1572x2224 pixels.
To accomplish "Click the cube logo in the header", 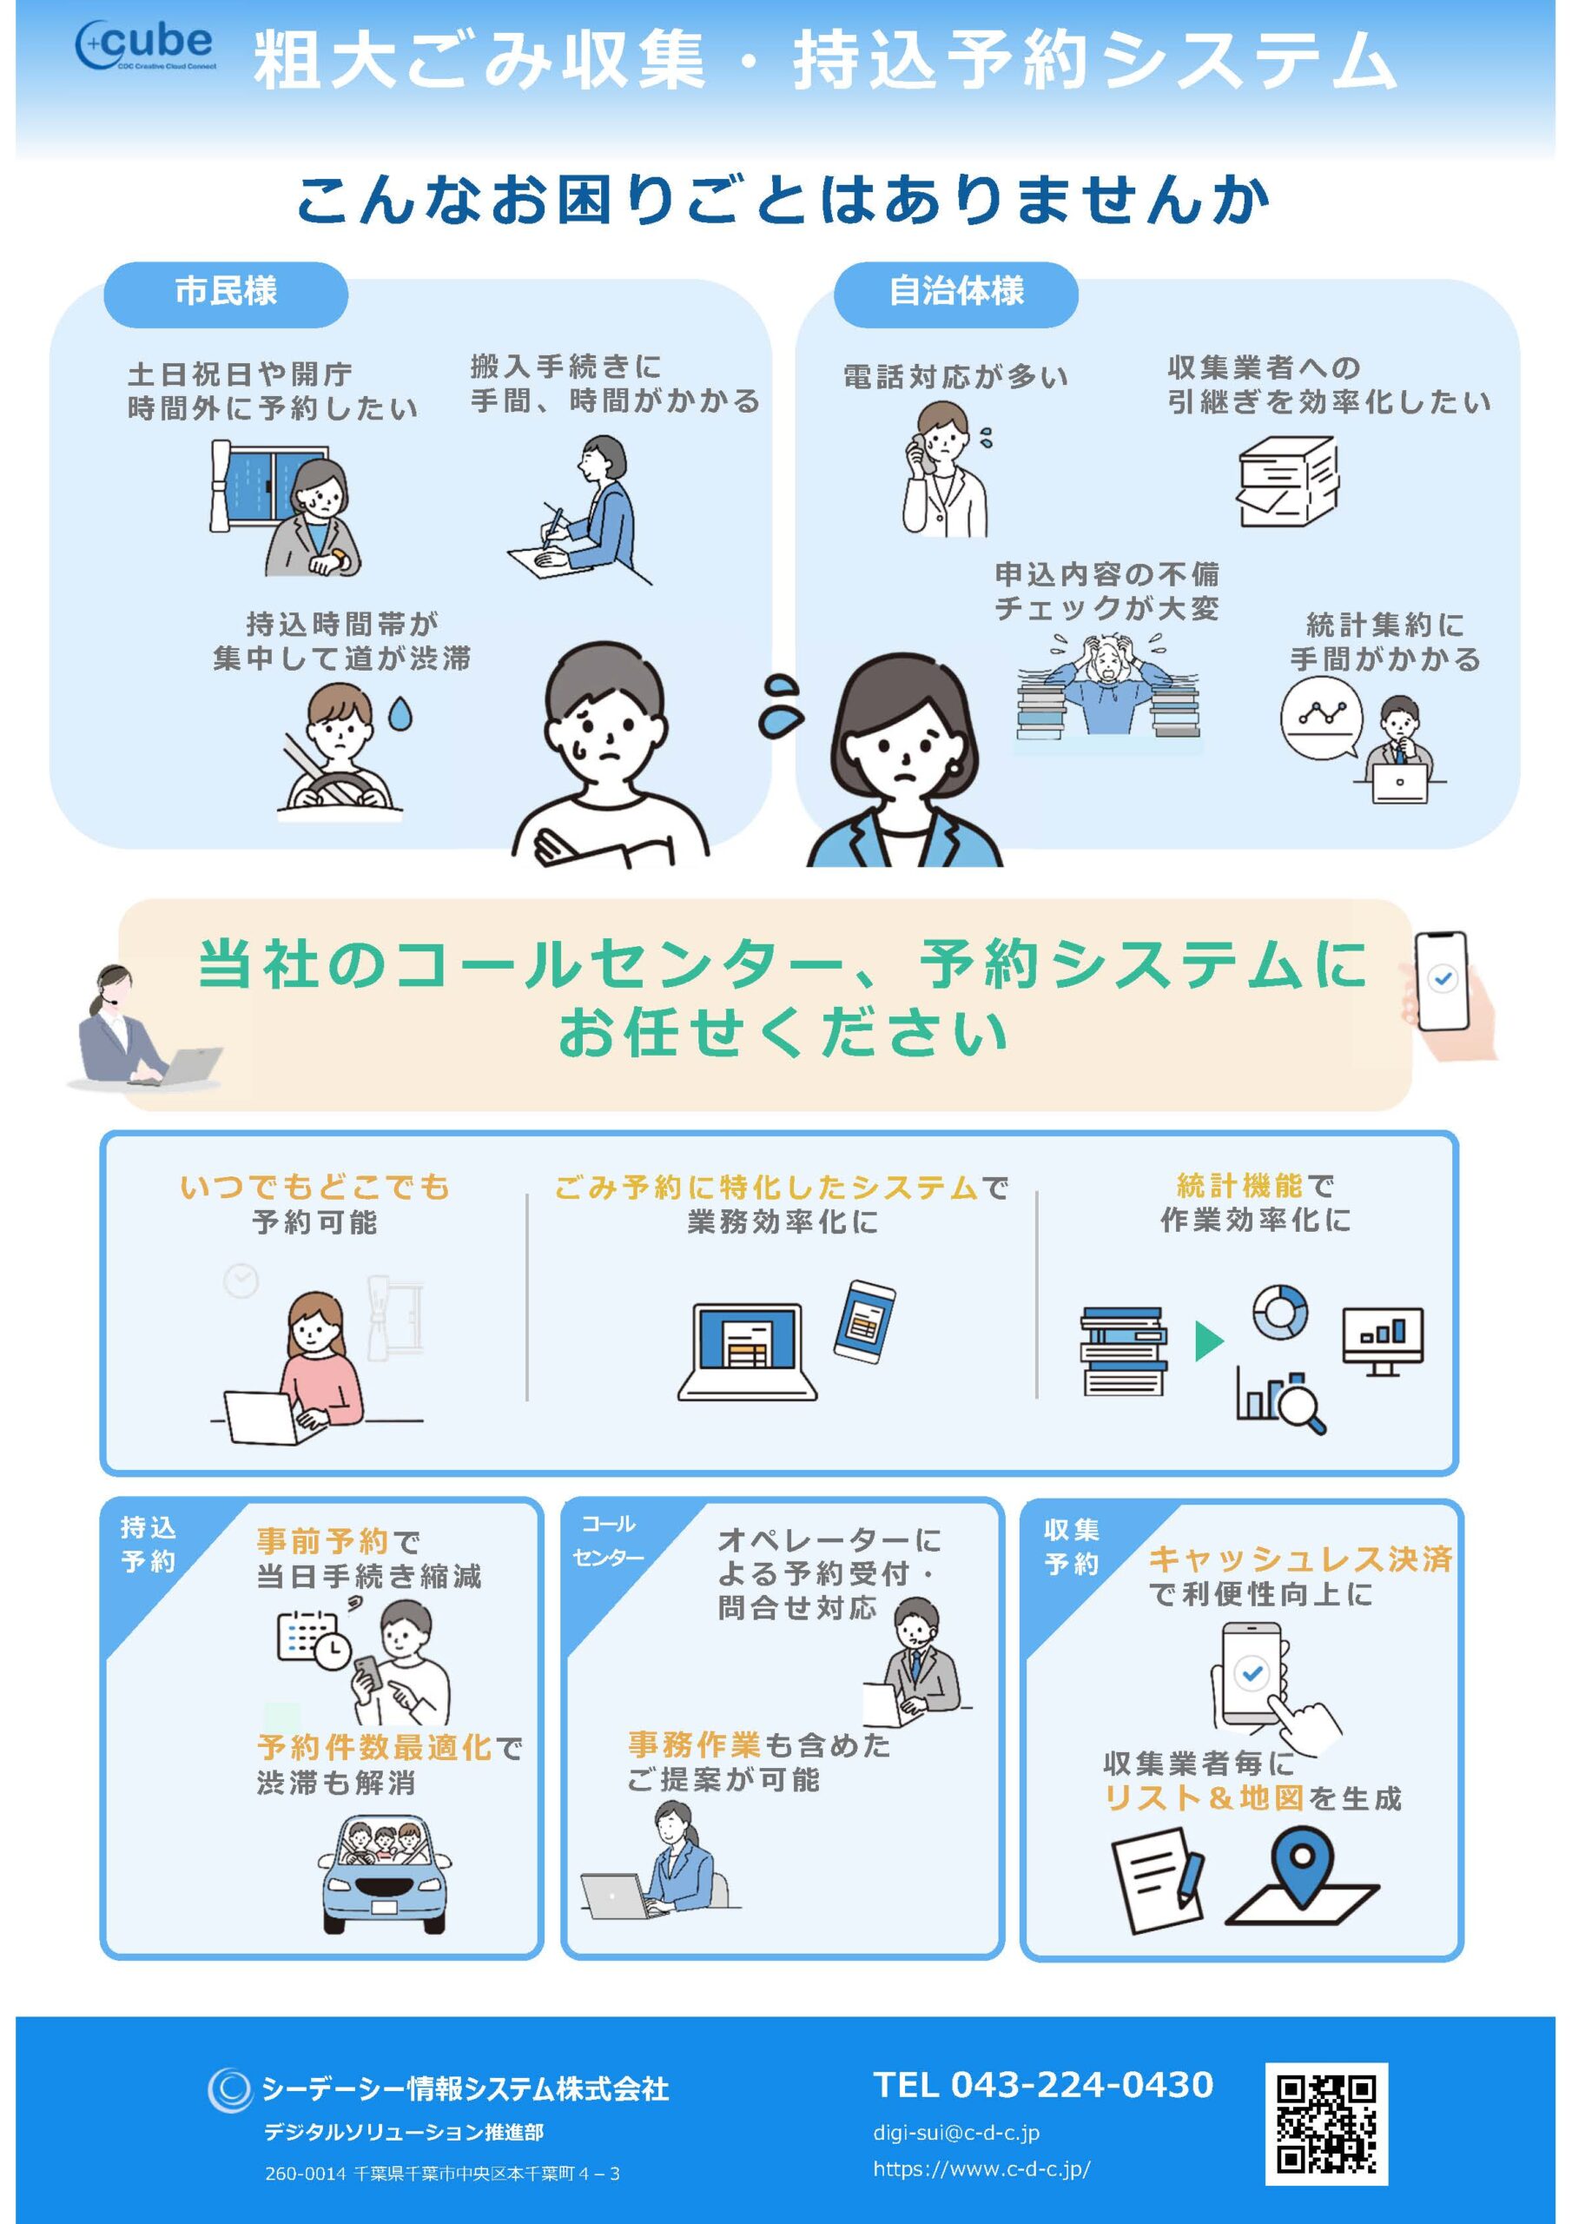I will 145,44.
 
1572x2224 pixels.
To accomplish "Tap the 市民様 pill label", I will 226,293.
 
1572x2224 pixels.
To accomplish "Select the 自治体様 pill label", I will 955,293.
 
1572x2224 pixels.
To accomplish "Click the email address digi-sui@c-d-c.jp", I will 956,2132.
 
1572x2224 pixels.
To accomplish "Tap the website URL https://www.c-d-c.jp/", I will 981,2168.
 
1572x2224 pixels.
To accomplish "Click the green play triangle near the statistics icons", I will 1208,1341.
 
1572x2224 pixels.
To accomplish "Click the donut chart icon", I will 1279,1313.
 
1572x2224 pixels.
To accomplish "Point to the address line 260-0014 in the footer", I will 442,2174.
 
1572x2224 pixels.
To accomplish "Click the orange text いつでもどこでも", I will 314,1188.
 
